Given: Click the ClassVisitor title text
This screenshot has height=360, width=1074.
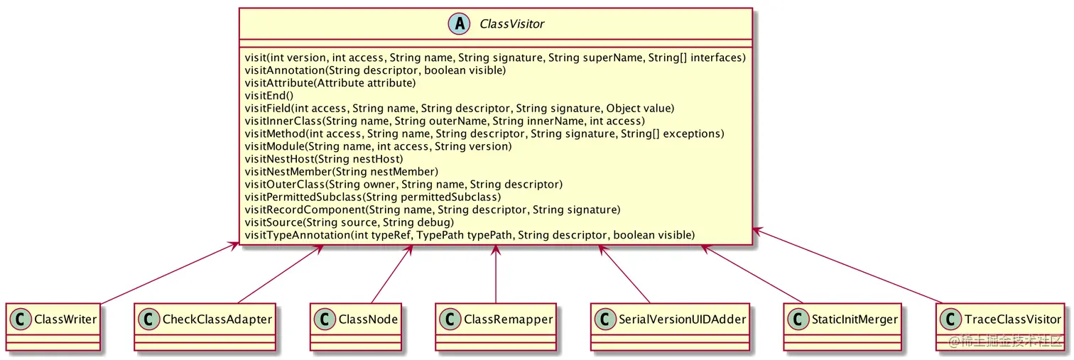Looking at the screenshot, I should click(511, 24).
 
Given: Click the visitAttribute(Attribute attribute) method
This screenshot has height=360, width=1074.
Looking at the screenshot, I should click(330, 83).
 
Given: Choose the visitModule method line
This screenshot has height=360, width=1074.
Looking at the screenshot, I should click(378, 146).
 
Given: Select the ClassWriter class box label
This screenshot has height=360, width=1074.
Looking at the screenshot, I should click(65, 319).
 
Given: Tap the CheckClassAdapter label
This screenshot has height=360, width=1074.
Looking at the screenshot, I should click(217, 319).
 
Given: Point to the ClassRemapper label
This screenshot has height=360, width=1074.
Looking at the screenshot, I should click(508, 319).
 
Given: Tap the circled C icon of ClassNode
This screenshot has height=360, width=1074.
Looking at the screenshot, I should click(325, 319).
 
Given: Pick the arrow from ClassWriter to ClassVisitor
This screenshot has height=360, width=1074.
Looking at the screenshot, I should click(167, 273).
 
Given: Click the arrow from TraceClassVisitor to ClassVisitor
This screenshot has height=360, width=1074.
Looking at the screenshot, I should click(849, 266).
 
